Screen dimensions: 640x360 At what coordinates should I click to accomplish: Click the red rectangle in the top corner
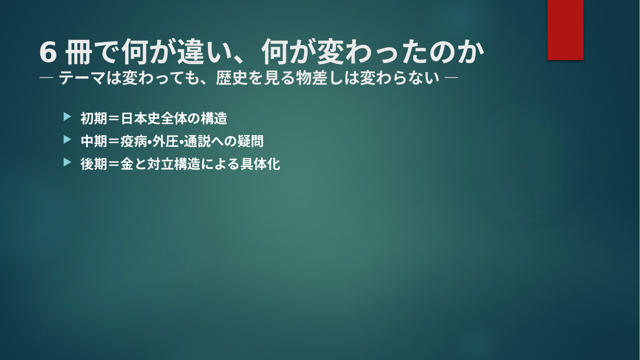(x=565, y=30)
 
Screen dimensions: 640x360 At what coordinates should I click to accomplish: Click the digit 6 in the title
(x=48, y=52)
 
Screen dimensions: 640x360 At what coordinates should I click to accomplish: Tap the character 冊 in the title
(x=79, y=52)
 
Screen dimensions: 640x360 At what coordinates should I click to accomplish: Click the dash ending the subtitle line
(x=451, y=78)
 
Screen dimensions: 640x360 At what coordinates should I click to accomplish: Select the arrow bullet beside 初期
(x=67, y=117)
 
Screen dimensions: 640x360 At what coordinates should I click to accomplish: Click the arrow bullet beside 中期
(x=67, y=140)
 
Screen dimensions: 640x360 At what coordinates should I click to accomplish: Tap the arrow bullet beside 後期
(x=67, y=162)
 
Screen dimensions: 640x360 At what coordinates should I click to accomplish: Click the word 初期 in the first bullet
(x=94, y=118)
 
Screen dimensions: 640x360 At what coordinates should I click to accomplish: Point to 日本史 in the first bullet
(x=140, y=118)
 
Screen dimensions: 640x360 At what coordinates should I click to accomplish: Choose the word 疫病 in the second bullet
(x=134, y=141)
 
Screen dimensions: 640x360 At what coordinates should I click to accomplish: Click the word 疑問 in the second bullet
(x=250, y=141)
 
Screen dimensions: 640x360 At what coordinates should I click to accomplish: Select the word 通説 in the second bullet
(x=197, y=141)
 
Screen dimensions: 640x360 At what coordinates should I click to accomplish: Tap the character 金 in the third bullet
(x=127, y=164)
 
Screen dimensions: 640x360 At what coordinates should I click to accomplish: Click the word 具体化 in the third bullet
(x=260, y=164)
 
